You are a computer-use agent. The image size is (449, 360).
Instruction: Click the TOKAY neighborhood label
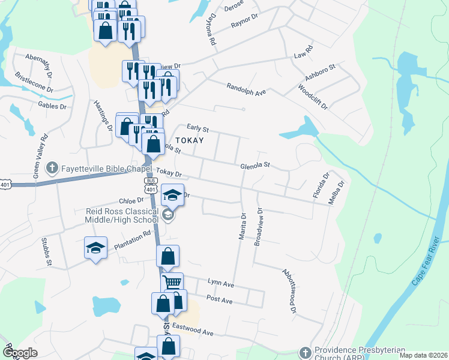[x=189, y=140]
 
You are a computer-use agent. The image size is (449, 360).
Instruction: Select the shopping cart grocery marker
[x=172, y=282]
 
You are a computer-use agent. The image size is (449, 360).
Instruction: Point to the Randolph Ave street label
[x=246, y=89]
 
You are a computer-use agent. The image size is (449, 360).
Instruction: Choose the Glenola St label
[x=256, y=164]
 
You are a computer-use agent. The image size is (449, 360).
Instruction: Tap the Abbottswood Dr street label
[x=289, y=290]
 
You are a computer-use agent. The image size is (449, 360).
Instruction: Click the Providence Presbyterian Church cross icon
[x=306, y=351]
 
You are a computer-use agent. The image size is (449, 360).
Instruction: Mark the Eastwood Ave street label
[x=193, y=329]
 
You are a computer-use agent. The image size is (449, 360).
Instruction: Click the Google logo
[x=20, y=353]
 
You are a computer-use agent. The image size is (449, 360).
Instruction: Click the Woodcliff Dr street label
[x=313, y=96]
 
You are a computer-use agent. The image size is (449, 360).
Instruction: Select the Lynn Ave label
[x=220, y=282]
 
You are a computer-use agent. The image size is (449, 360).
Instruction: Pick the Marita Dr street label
[x=243, y=226]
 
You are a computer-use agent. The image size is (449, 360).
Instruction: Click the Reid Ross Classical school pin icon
[x=168, y=215]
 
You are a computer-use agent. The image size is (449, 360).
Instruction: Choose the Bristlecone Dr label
[x=34, y=83]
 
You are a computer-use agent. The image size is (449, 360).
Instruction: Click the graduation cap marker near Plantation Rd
[x=95, y=249]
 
